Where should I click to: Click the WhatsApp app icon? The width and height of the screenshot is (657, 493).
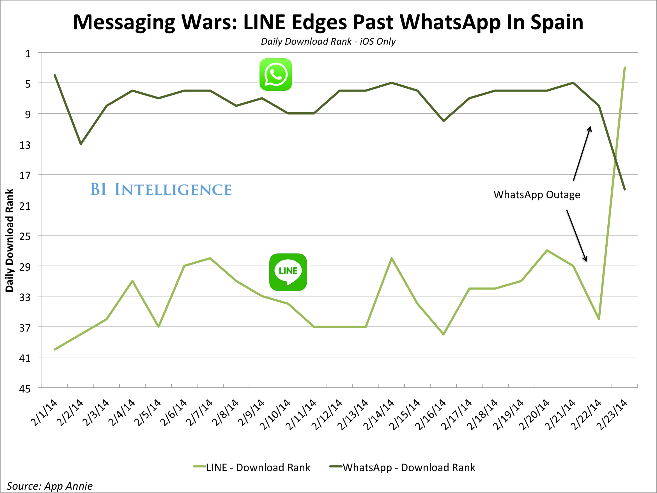(x=276, y=75)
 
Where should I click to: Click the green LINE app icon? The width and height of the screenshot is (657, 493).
(x=288, y=272)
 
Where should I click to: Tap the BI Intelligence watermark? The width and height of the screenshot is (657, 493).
(x=161, y=189)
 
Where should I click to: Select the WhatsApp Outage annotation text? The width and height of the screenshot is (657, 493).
(x=537, y=195)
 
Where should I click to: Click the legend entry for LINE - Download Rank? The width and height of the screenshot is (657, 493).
(x=252, y=467)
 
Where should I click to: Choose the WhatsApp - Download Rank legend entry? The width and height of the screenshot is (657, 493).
(x=403, y=467)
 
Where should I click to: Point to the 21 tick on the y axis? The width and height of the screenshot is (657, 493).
(x=25, y=206)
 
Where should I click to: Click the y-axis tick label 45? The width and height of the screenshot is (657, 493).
(x=25, y=389)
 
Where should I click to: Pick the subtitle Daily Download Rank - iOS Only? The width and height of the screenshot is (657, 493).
(x=328, y=41)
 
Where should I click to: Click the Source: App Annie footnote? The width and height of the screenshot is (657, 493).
(x=50, y=486)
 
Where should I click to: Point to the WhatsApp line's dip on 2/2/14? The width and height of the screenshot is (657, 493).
(x=81, y=144)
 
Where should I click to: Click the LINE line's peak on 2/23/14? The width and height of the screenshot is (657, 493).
(x=625, y=68)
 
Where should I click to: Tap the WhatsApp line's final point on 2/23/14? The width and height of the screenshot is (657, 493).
(x=625, y=189)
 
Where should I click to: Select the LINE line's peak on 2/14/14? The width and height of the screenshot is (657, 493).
(x=392, y=258)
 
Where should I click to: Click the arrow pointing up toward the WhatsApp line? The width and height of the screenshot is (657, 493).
(x=582, y=154)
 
